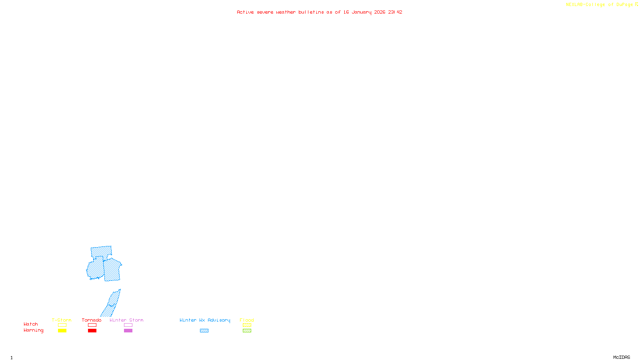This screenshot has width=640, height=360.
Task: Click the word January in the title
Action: tap(361, 12)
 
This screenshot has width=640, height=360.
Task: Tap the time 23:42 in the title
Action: tap(395, 12)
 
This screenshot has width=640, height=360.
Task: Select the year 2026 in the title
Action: tap(380, 12)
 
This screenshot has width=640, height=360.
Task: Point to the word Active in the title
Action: tap(245, 12)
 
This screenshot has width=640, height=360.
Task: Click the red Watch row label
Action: tap(31, 324)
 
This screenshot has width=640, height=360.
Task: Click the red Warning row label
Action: tap(33, 330)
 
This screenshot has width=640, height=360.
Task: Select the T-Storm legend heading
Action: tap(62, 320)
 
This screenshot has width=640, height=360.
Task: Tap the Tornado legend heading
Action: tap(92, 320)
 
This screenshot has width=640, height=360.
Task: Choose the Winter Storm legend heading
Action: tap(126, 320)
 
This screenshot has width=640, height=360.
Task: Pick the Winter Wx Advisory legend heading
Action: tap(205, 320)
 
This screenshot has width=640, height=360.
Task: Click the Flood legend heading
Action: tap(247, 320)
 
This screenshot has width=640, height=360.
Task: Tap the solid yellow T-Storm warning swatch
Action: tap(62, 331)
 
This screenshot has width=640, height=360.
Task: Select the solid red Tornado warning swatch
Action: tap(92, 331)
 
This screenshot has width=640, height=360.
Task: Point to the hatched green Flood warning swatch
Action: tap(247, 331)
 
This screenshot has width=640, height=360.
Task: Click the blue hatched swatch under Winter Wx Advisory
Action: tap(204, 331)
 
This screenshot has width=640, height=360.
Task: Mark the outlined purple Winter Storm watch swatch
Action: tap(128, 325)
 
